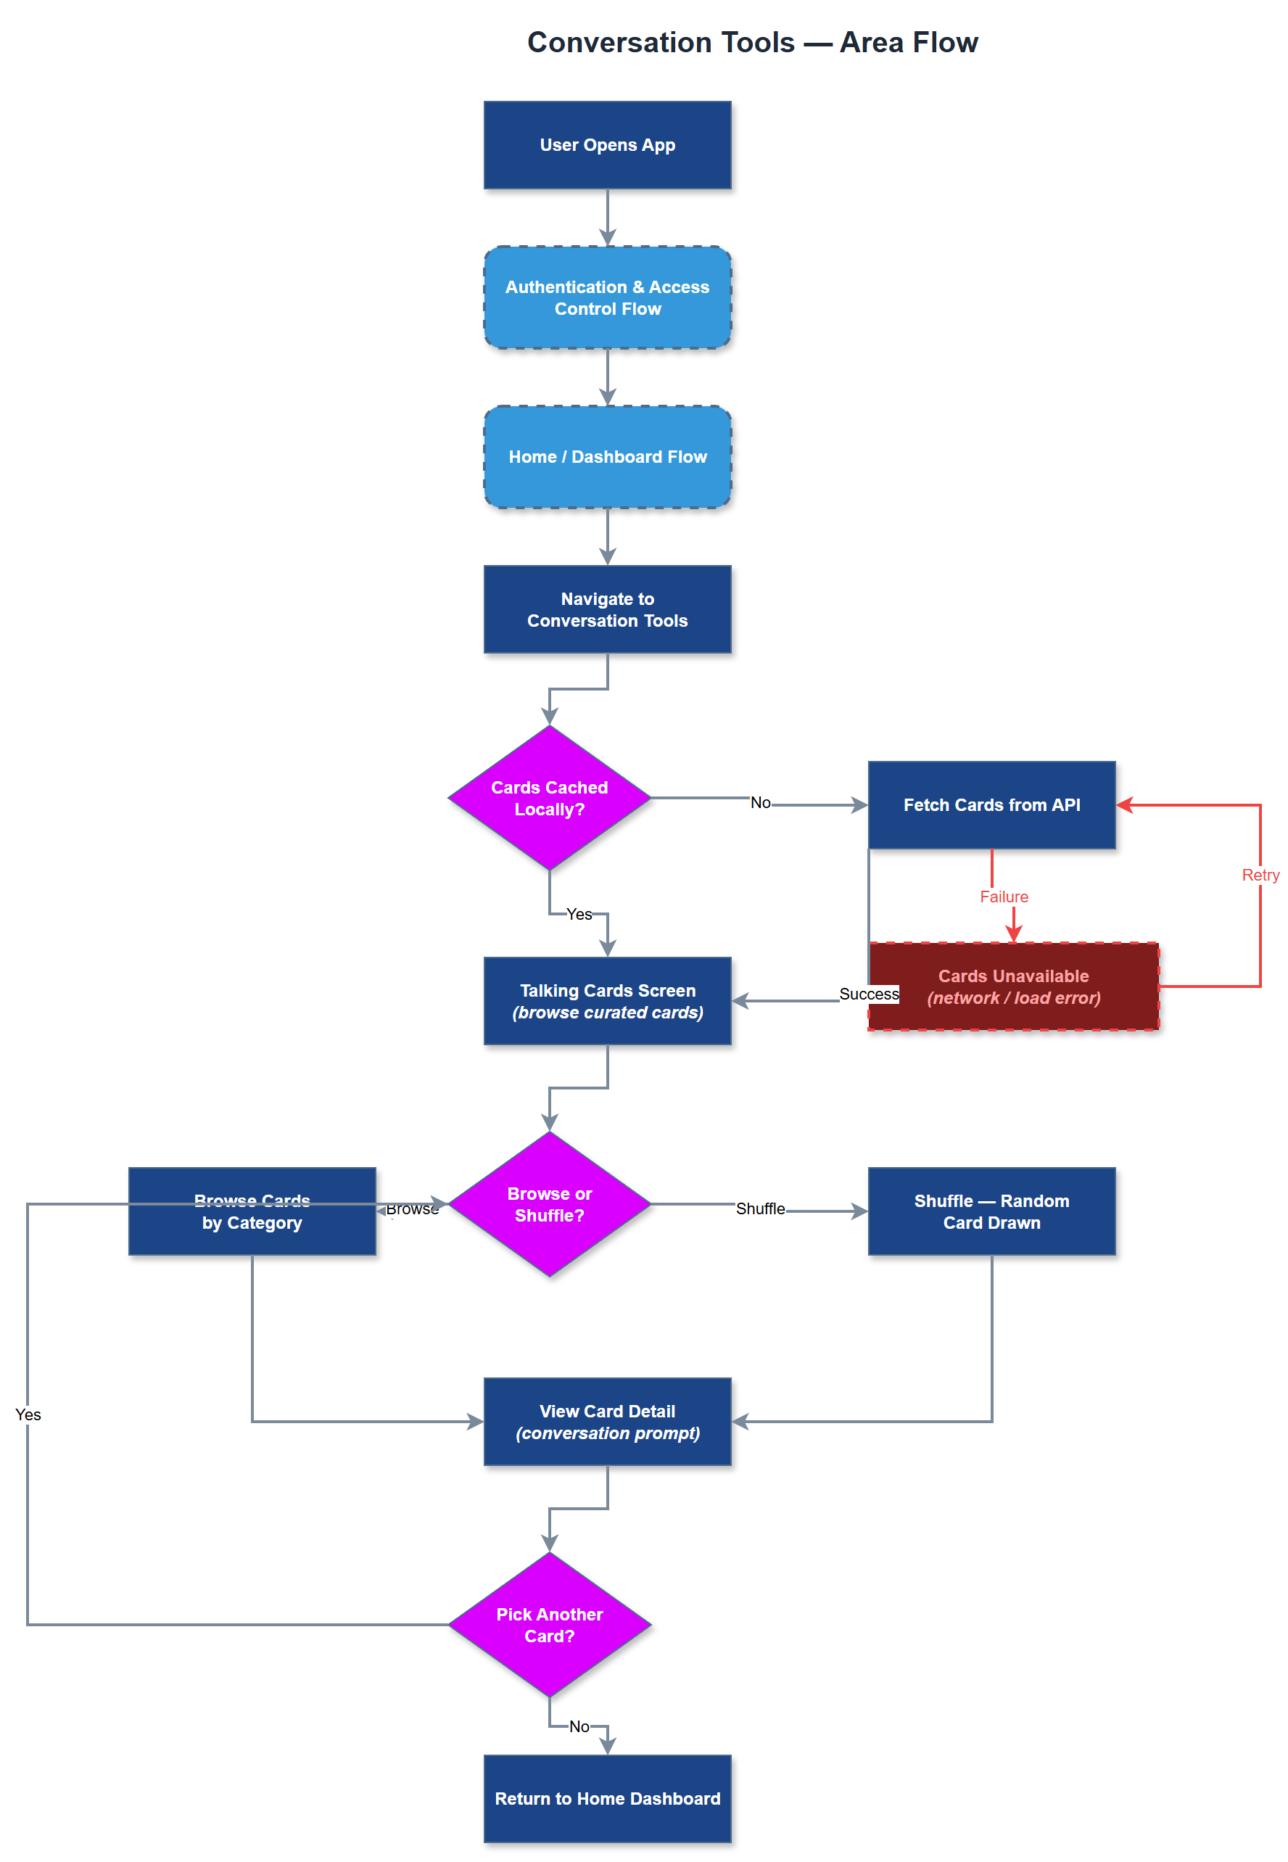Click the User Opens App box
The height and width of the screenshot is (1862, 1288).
[x=607, y=145]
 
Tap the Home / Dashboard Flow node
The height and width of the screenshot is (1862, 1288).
[x=607, y=457]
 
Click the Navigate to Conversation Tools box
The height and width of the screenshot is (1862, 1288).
[x=607, y=609]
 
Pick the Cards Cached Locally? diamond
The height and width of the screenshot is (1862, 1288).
[x=549, y=797]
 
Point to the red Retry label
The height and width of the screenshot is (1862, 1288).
[x=1259, y=875]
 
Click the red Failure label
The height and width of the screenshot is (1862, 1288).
[x=1003, y=897]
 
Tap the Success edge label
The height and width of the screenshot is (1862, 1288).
[x=868, y=994]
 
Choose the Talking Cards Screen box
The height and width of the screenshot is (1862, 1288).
[x=607, y=1001]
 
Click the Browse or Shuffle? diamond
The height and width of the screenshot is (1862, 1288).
[x=549, y=1203]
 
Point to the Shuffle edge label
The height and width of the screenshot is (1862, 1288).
[x=759, y=1208]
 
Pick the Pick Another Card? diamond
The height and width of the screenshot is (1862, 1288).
[x=549, y=1624]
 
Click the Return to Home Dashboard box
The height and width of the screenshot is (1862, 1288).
[x=607, y=1798]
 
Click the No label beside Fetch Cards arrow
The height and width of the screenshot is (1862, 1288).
[x=759, y=802]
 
